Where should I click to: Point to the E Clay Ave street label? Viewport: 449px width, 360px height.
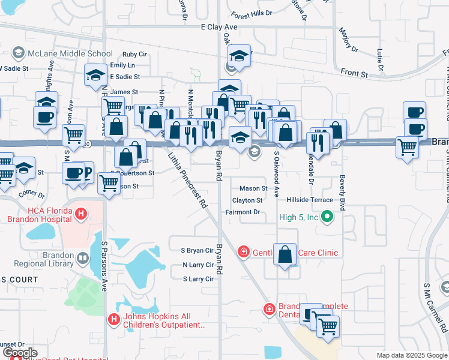219,28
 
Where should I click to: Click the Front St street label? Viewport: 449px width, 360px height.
354,73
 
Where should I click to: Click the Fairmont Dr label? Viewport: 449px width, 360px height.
243,212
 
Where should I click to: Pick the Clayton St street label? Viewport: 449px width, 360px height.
247,200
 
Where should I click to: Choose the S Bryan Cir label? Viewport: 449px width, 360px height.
197,250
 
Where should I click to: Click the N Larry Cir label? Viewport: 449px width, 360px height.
197,265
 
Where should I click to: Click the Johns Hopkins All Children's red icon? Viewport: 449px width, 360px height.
113,320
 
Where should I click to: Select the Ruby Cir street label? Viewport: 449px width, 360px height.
134,54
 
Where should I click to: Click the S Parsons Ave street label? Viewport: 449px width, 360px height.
104,266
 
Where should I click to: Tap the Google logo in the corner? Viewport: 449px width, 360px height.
19,353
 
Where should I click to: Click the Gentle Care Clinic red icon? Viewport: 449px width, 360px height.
243,252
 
